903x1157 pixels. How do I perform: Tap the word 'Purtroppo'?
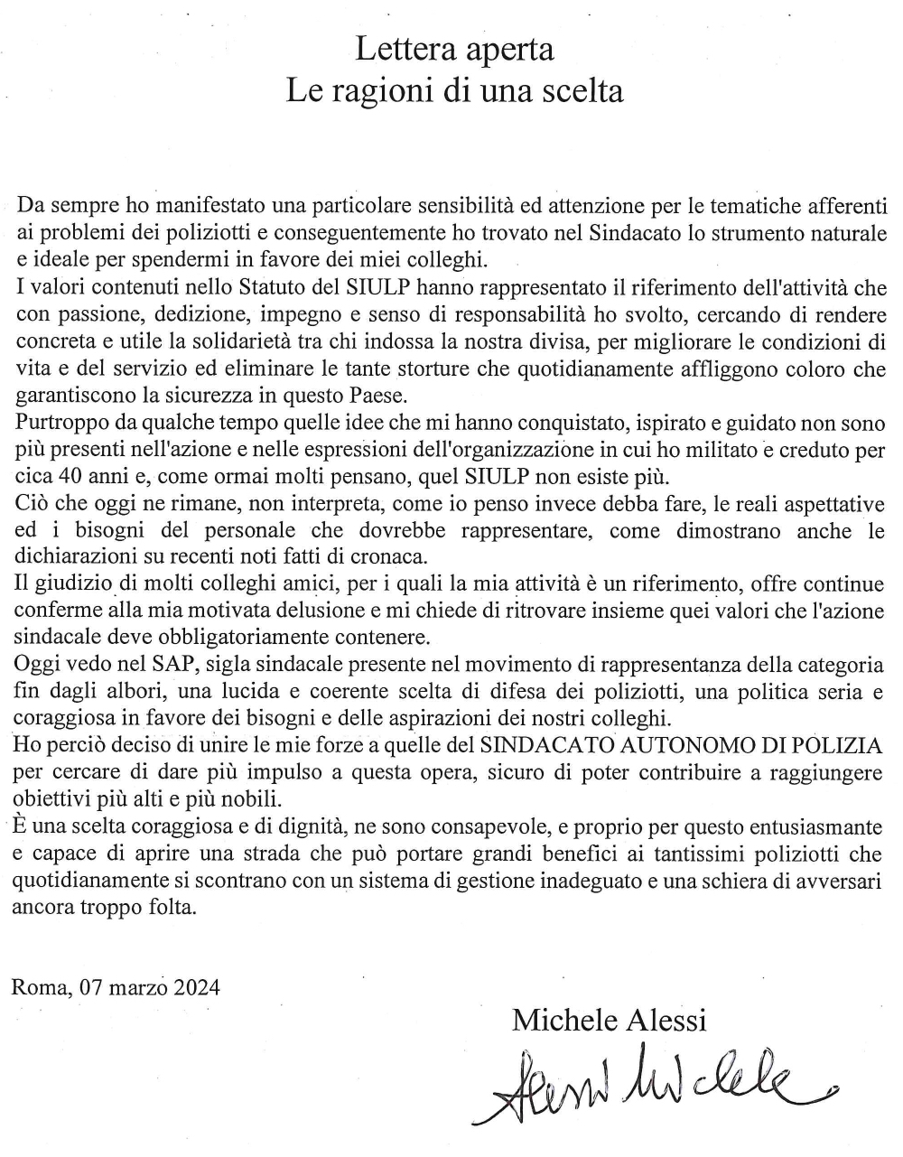[55, 423]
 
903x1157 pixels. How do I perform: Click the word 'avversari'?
[842, 881]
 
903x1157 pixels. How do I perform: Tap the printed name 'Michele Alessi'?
[609, 1020]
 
